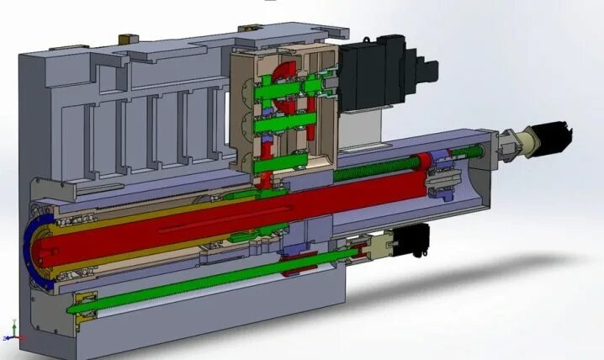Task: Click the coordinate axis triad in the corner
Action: pyautogui.click(x=10, y=330)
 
